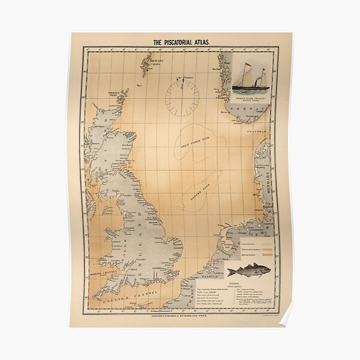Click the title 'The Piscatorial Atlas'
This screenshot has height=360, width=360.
coord(180,42)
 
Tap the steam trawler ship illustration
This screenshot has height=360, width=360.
coord(250,75)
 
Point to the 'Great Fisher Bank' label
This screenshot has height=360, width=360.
coord(195,142)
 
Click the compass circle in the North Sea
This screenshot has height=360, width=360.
coord(182,98)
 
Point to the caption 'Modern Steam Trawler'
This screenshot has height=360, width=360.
coord(249,97)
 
